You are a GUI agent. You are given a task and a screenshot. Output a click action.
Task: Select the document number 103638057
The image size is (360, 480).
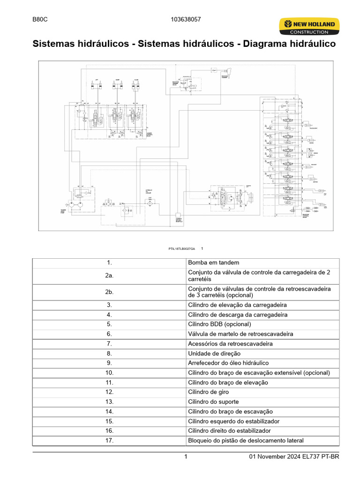pos(186,20)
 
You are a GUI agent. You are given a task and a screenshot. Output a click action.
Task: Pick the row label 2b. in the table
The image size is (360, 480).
pos(109,292)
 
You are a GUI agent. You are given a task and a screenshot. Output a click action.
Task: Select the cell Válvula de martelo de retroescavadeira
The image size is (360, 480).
pos(240,334)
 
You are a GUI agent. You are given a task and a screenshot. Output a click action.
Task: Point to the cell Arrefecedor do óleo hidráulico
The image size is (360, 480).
pos(228,363)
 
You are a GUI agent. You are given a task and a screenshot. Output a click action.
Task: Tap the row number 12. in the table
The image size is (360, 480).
pos(109,392)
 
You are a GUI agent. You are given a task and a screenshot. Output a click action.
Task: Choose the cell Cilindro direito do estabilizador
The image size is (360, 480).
pos(229,430)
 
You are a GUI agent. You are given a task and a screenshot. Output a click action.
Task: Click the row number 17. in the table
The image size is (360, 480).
pos(109,440)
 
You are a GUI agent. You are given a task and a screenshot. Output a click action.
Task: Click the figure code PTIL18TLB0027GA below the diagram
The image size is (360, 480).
pos(182,248)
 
